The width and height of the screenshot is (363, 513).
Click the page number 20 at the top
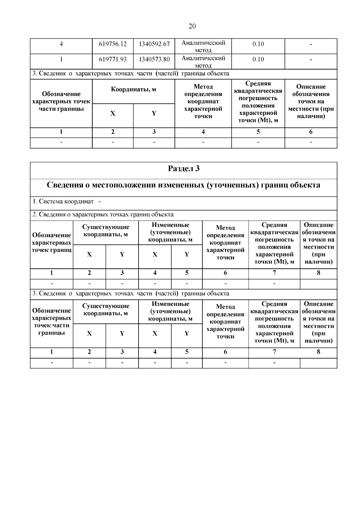[192, 26]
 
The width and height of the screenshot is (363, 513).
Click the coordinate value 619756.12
[113, 44]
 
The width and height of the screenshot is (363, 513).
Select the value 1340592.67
[154, 44]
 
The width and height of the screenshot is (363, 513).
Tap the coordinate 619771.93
[113, 60]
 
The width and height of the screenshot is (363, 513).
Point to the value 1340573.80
[154, 60]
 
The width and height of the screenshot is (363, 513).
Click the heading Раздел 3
[184, 169]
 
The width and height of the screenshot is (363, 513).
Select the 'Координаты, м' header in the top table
[133, 89]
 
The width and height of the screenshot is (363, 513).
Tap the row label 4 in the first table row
[61, 44]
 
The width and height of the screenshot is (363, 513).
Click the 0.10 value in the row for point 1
[258, 60]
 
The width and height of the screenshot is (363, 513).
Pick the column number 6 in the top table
[311, 132]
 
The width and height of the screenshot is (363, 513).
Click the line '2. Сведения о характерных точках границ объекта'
[103, 215]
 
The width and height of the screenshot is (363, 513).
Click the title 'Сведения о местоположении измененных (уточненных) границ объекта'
[184, 185]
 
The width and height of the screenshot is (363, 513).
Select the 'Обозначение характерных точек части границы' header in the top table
[61, 102]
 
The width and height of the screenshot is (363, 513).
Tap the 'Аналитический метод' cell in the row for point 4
[203, 46]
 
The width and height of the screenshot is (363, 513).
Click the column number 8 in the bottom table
[318, 352]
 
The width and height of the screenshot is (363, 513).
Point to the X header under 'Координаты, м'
[113, 114]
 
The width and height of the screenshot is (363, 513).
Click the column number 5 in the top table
[258, 132]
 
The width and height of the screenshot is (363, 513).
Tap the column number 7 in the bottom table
[274, 352]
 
